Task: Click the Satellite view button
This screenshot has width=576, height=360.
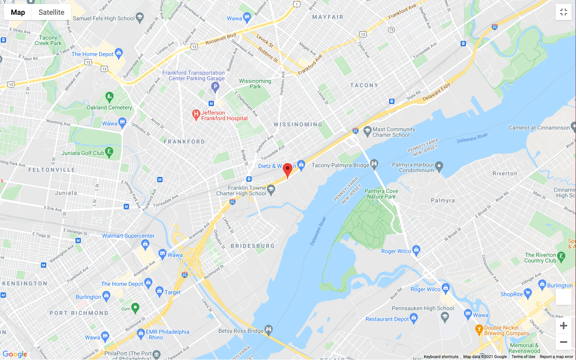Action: coord(51,12)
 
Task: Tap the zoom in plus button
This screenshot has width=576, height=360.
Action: coord(564,326)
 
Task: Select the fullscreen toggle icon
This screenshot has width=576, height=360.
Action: coord(564,12)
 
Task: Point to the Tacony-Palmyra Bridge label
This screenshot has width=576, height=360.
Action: coord(340,165)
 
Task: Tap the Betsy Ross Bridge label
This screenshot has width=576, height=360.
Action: coord(241,331)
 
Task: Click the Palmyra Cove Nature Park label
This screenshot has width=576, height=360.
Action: coord(381,194)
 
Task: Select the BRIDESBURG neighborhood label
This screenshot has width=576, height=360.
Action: coord(253,246)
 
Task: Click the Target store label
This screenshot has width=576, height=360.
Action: coord(173,292)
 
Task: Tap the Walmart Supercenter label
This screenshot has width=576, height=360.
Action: coord(128,236)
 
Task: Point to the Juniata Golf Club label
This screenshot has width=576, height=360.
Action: coord(83,153)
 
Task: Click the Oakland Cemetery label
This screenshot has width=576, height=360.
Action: coord(109,107)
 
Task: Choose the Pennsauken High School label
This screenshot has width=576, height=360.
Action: coord(423,308)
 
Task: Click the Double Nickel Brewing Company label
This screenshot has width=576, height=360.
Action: coord(506,330)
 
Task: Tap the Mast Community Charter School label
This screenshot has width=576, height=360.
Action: coord(394,132)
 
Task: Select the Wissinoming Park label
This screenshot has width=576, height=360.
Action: coord(255,84)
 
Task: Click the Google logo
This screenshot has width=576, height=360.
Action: coord(15,354)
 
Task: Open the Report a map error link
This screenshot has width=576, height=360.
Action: coord(556,357)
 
